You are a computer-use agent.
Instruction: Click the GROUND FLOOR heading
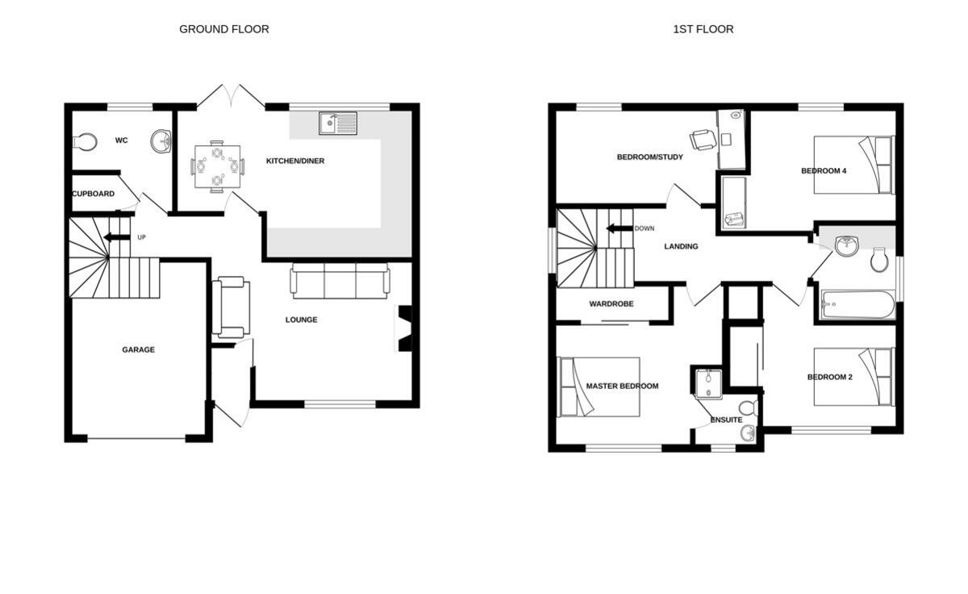click(x=224, y=29)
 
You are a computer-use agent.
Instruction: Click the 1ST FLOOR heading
click(x=703, y=29)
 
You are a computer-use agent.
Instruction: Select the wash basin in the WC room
click(x=161, y=141)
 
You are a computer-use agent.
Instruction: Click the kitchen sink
click(x=338, y=123)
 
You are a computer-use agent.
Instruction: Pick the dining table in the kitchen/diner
click(x=217, y=167)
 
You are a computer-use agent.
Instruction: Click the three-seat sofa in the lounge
click(x=340, y=281)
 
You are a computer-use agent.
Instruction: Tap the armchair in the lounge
click(x=230, y=307)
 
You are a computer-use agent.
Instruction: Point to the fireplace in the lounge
click(x=404, y=328)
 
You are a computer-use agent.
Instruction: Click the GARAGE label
click(x=138, y=350)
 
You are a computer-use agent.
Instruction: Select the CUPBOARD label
click(x=94, y=194)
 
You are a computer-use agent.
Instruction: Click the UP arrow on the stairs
click(x=117, y=237)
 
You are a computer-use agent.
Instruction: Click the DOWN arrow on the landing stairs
click(x=620, y=228)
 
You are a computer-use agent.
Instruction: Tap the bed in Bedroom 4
click(x=853, y=165)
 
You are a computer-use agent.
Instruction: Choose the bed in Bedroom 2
click(x=853, y=377)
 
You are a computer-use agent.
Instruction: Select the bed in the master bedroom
click(x=600, y=387)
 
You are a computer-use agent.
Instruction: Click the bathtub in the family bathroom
click(x=857, y=305)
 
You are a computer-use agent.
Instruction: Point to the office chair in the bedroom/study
click(x=703, y=139)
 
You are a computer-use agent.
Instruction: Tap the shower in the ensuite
click(x=707, y=383)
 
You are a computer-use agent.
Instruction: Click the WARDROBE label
click(x=611, y=304)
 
